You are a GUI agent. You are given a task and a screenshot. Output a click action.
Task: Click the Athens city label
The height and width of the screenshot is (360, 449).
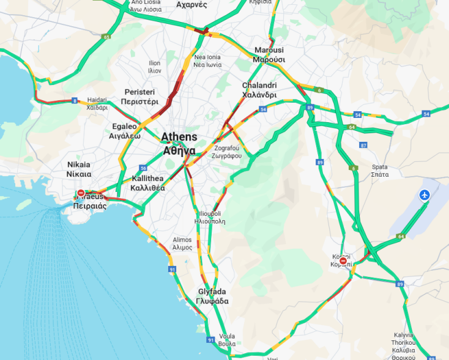pos(179,143)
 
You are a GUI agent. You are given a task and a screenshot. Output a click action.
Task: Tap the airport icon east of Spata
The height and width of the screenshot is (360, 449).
pos(425,195)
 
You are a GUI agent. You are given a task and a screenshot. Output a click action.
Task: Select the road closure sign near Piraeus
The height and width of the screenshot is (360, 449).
pos(81,193)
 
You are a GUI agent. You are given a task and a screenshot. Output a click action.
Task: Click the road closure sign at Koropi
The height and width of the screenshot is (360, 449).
pos(343,261)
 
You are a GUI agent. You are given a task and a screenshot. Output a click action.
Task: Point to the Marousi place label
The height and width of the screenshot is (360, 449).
pos(269,54)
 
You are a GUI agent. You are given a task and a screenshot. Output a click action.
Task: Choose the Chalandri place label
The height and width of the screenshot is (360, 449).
pos(259,90)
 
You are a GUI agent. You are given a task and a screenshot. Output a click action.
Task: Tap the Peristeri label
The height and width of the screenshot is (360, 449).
pos(139,96)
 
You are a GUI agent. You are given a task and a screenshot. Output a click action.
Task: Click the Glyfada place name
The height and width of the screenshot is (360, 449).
pos(212,296)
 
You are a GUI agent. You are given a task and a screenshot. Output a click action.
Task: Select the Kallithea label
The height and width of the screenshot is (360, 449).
pos(147,183)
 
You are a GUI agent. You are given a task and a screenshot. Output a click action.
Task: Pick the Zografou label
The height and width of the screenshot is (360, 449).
pos(228,152)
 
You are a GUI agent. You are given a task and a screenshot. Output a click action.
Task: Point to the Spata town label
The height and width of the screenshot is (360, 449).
pos(379,171)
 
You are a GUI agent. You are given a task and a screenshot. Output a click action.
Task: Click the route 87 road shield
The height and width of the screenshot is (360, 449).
pos(363,145)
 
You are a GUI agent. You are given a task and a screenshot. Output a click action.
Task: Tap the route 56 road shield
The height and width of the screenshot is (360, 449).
pos(143,168)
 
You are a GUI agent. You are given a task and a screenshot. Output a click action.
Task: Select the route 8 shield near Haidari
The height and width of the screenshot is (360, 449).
pos(75,100)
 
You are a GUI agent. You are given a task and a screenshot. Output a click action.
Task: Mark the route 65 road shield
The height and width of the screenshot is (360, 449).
pos(107,37)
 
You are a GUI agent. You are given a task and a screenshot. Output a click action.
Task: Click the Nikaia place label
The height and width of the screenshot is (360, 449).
pos(78,169)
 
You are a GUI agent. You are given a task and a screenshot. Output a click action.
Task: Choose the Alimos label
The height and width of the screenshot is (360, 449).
pos(182,244)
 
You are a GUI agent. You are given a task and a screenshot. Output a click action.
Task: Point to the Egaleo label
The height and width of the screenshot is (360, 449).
pos(125,131)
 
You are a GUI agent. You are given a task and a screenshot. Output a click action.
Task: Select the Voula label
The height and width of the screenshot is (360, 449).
pos(226,339)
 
